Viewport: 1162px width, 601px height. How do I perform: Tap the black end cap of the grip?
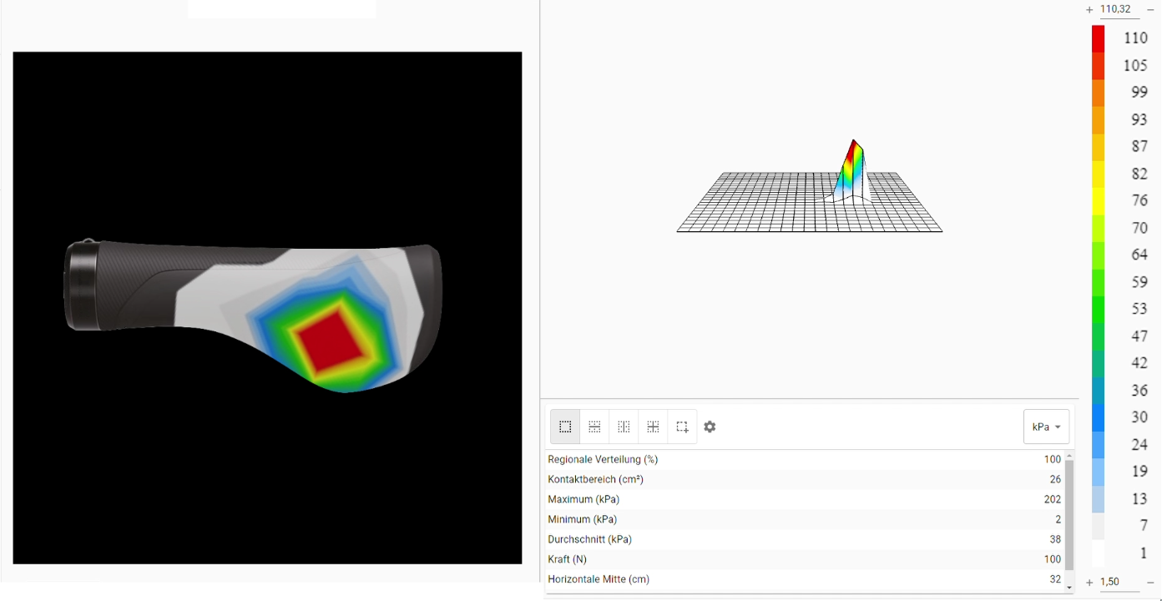tap(82, 285)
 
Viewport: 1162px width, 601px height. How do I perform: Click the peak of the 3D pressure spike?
tap(853, 140)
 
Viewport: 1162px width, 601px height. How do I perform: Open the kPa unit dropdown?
tap(1046, 427)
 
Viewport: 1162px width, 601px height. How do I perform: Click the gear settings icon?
tap(710, 427)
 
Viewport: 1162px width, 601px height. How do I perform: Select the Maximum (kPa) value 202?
tap(1052, 499)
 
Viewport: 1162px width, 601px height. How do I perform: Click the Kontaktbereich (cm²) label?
tap(595, 480)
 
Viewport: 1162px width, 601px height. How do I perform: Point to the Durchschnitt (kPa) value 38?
tap(1055, 539)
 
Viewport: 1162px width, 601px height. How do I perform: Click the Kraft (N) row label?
tap(567, 559)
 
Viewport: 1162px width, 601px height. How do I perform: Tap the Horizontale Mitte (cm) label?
tap(599, 579)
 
